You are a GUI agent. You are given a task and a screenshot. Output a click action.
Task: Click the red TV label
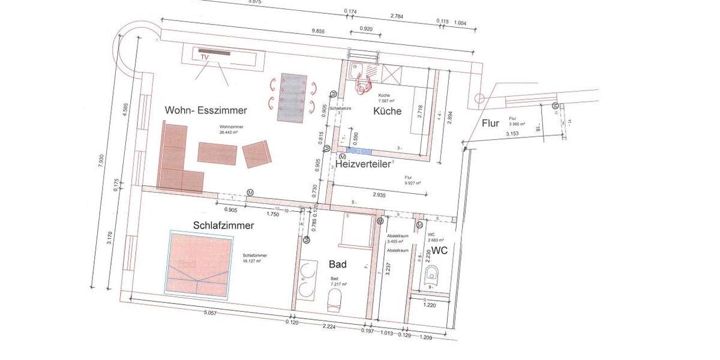204,57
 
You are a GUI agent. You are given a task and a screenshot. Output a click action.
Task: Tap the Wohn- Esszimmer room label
206,111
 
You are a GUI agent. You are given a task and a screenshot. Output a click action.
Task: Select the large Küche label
387,111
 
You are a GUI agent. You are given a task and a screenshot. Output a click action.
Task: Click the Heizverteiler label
363,163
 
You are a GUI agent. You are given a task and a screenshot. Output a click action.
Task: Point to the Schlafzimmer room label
223,226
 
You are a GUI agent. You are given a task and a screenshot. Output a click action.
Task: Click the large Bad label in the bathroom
338,263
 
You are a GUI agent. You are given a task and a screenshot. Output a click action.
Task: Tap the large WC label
440,250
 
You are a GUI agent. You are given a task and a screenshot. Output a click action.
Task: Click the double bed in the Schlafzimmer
200,264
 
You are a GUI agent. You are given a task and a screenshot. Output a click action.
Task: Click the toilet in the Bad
335,300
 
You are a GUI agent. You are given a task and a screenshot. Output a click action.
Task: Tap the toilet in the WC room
431,275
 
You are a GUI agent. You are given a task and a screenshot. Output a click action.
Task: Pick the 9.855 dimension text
322,31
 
